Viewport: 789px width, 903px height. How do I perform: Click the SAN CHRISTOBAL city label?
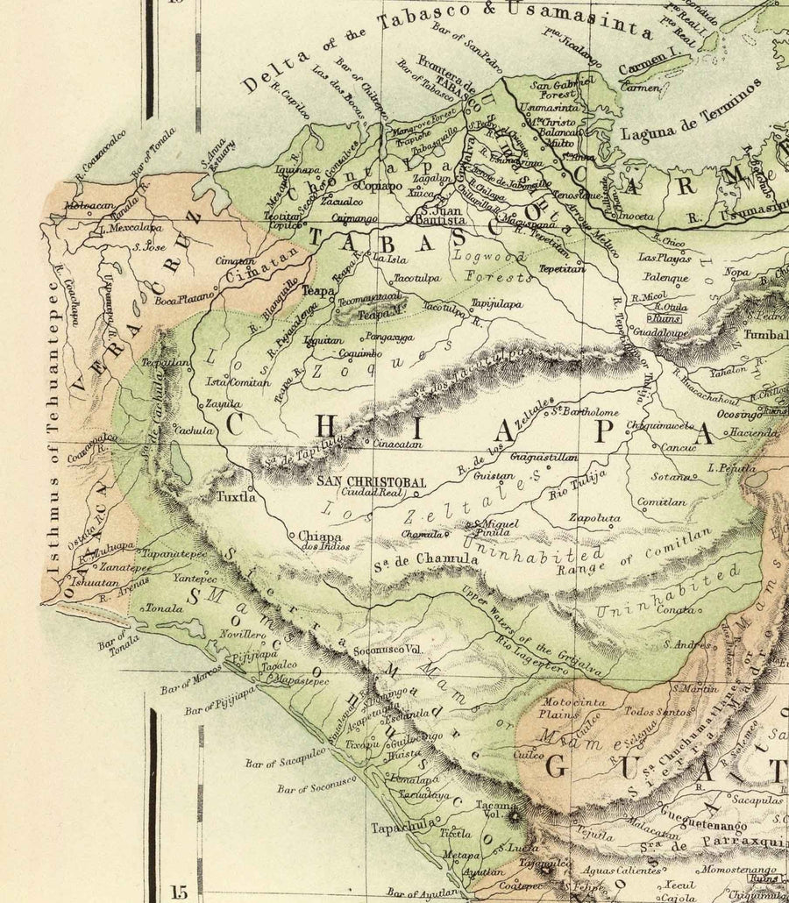(x=371, y=482)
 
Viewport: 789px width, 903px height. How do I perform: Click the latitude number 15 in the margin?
(x=180, y=891)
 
